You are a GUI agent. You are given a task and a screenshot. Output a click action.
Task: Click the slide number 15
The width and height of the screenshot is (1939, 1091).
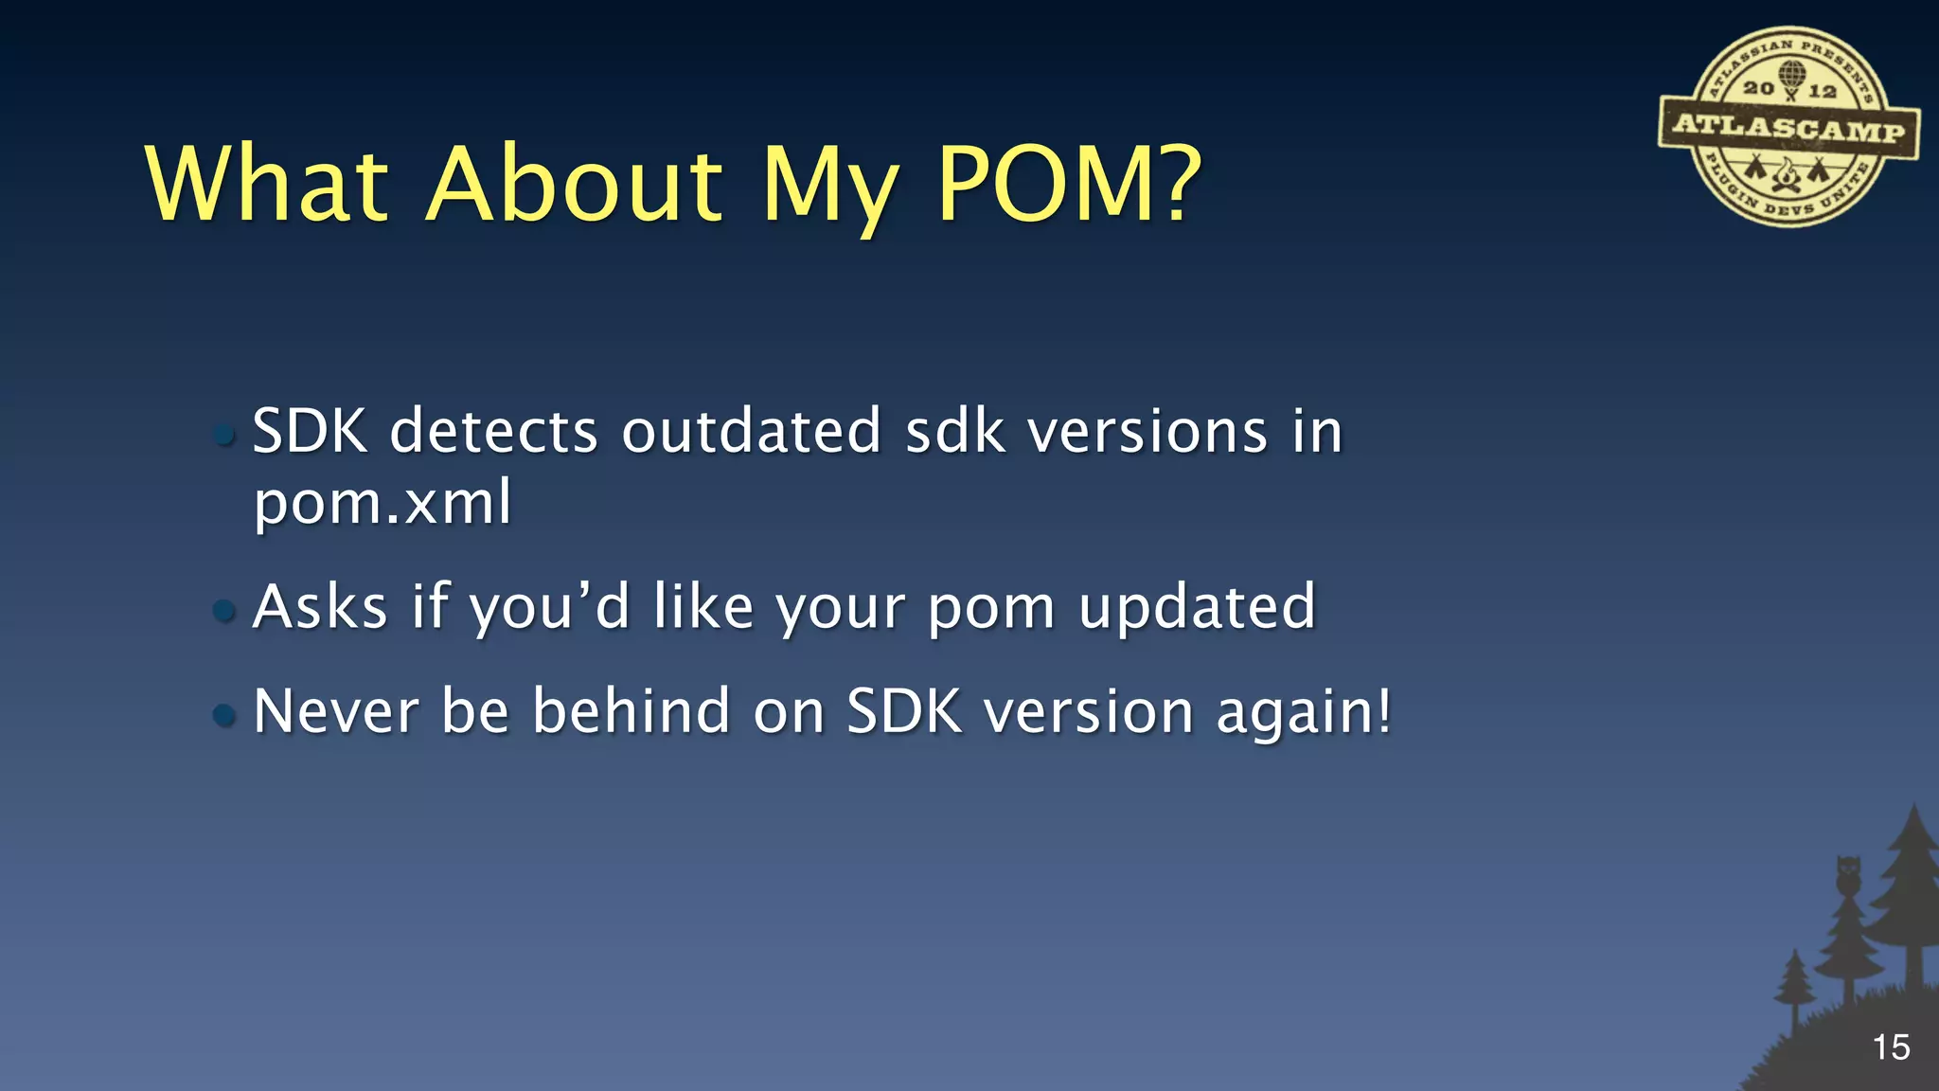(1891, 1047)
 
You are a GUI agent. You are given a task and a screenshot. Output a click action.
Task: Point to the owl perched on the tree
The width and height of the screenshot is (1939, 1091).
(1848, 875)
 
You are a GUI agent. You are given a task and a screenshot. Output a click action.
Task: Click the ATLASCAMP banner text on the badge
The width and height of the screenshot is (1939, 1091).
(1788, 127)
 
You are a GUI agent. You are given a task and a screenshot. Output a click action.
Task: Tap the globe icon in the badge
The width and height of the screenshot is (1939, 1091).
(1791, 73)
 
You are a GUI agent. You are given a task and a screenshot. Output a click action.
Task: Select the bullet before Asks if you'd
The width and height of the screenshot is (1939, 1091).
(224, 610)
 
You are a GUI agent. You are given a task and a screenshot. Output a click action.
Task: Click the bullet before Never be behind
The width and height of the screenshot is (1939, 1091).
(224, 714)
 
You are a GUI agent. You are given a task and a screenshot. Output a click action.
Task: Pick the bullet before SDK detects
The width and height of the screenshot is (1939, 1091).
(224, 435)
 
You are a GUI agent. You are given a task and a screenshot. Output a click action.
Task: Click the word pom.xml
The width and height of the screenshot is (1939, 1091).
(382, 502)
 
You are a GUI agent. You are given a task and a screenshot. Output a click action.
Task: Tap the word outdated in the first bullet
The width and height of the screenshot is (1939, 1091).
(751, 432)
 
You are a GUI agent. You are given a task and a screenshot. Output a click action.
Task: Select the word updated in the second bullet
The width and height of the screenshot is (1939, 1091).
(1197, 607)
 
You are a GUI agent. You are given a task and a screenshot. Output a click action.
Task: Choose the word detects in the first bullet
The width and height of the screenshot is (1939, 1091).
(493, 432)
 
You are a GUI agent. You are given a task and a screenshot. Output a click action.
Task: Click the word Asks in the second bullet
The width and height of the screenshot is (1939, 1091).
(320, 607)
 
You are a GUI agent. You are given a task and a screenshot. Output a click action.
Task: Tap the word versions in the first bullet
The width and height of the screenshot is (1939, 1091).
(1147, 432)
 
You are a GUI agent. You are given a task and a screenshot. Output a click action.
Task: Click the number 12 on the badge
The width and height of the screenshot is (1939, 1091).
(1822, 91)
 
